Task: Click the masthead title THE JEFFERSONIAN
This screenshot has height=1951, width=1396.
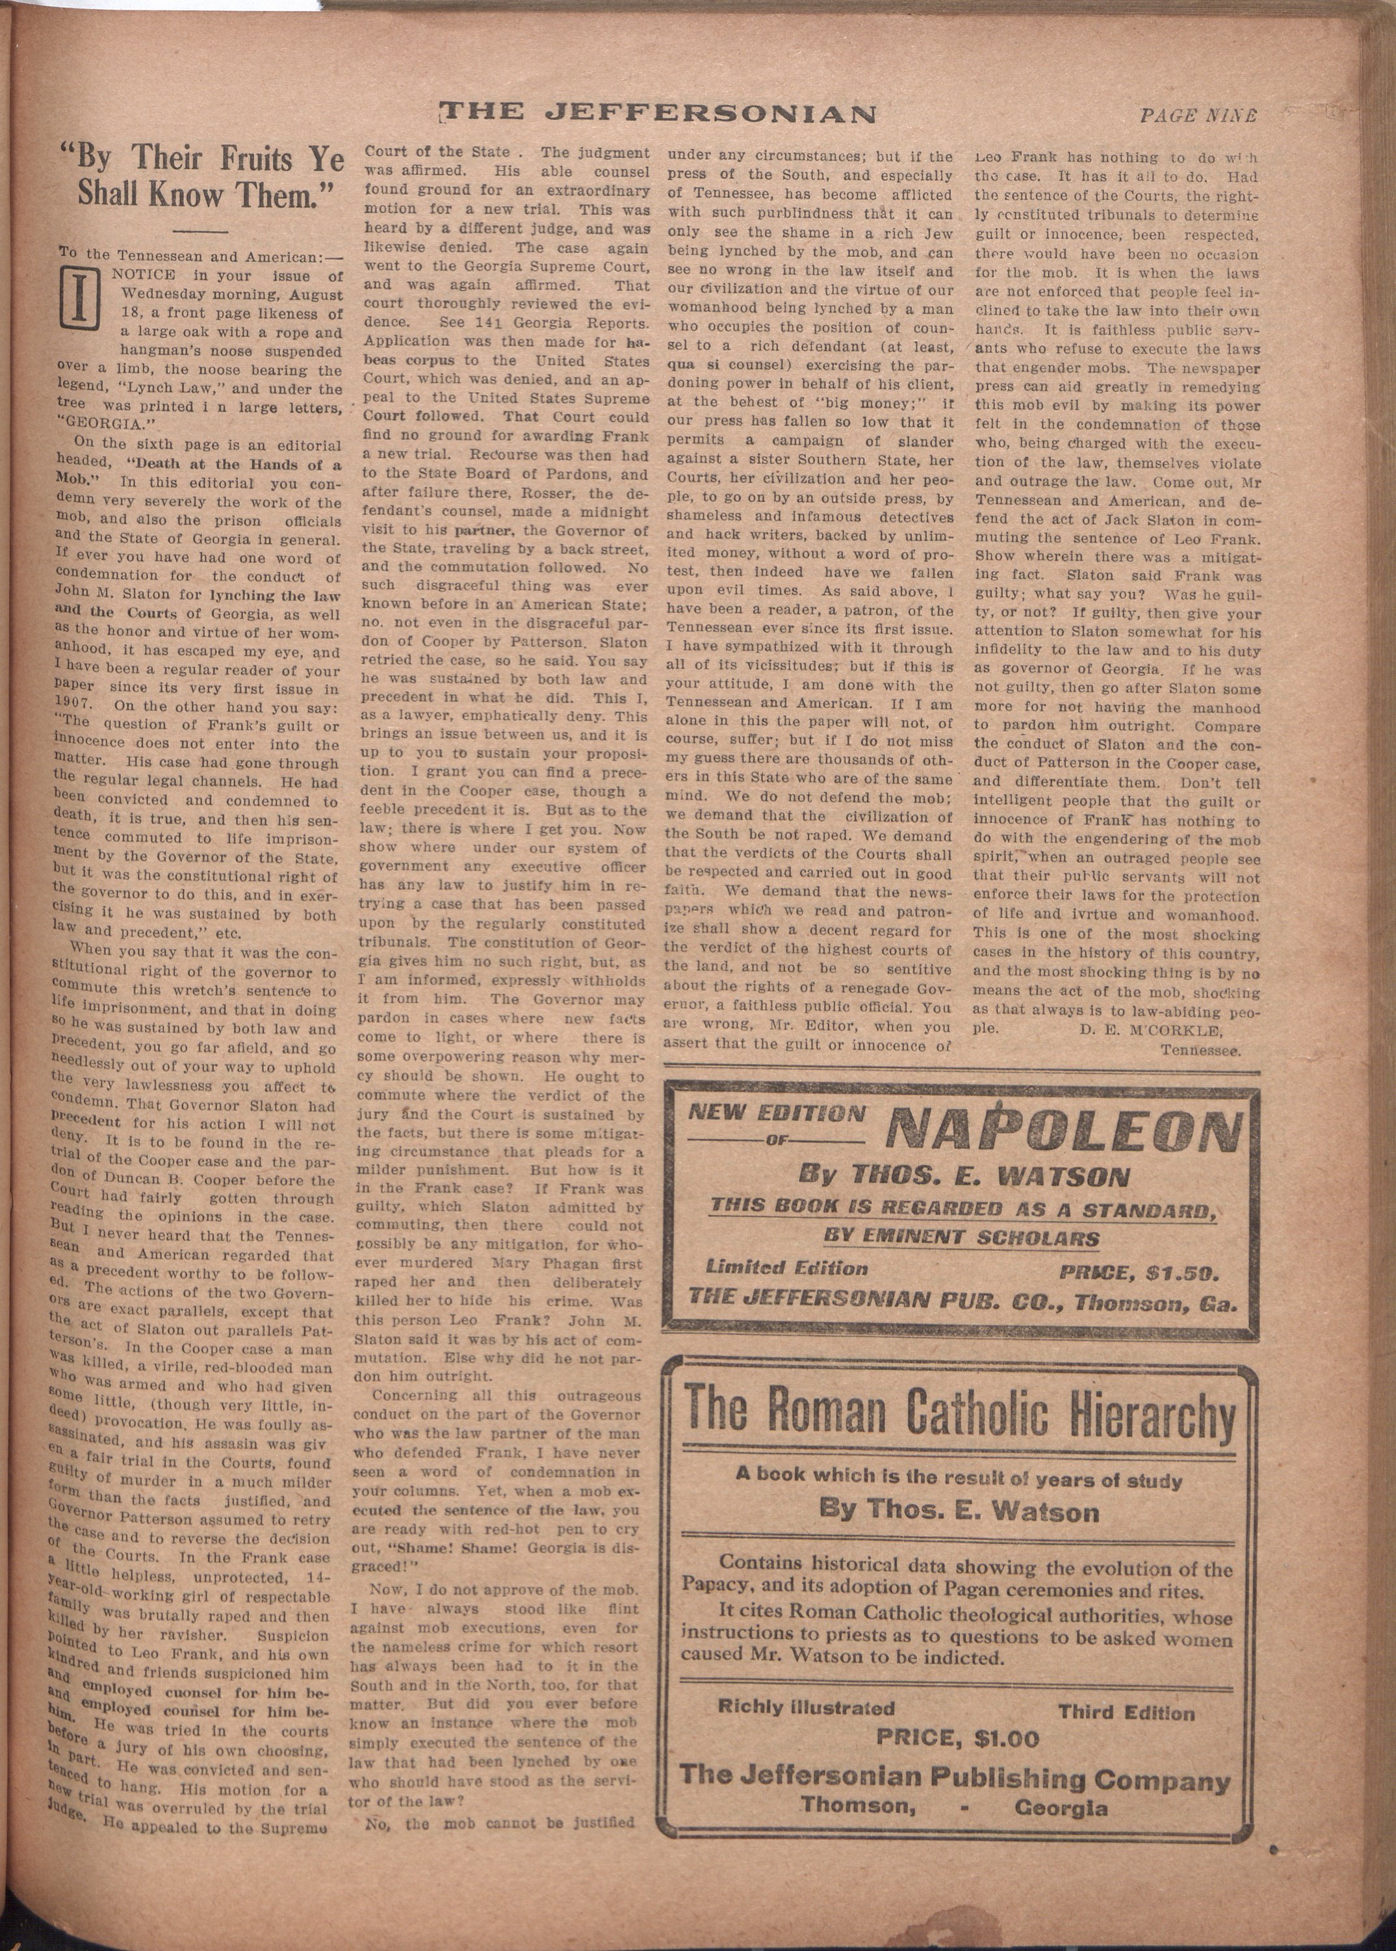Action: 659,112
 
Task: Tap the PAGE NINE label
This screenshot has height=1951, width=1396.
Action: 1197,115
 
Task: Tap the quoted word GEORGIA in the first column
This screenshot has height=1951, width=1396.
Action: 98,422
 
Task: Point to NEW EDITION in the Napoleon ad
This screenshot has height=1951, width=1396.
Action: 776,1114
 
